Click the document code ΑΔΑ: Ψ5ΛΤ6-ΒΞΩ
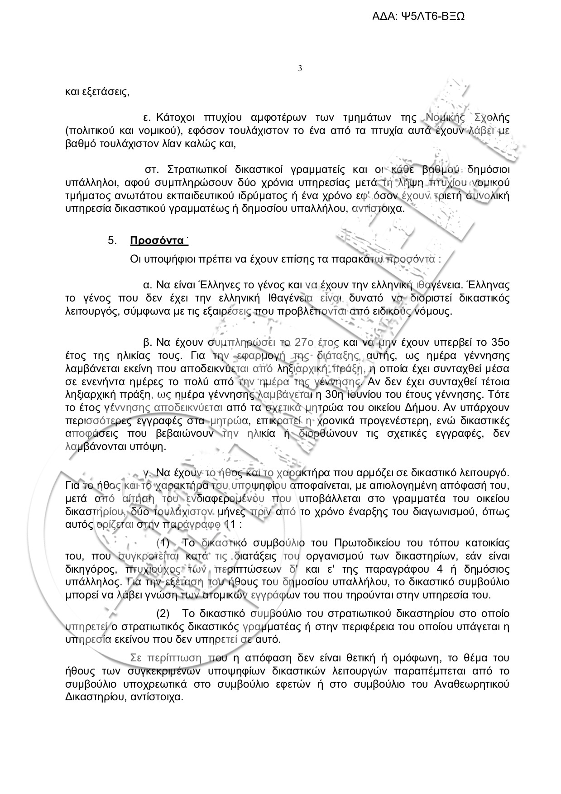[x=418, y=17]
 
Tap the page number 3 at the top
[x=300, y=69]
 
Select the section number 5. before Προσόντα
[x=113, y=240]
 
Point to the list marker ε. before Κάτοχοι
[x=147, y=118]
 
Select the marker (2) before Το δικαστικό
[x=163, y=614]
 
